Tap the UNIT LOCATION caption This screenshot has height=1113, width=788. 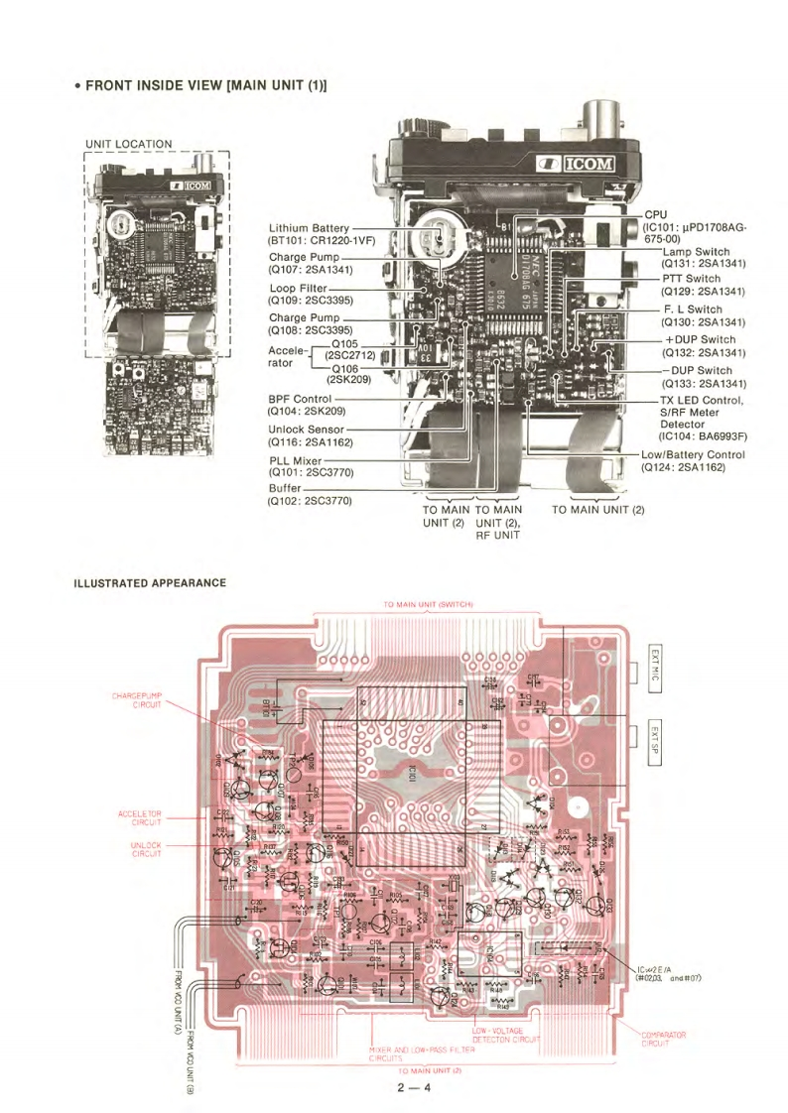pyautogui.click(x=130, y=145)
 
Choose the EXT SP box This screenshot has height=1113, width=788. pyautogui.click(x=654, y=741)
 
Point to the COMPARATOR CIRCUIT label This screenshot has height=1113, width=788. pyautogui.click(x=662, y=1039)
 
